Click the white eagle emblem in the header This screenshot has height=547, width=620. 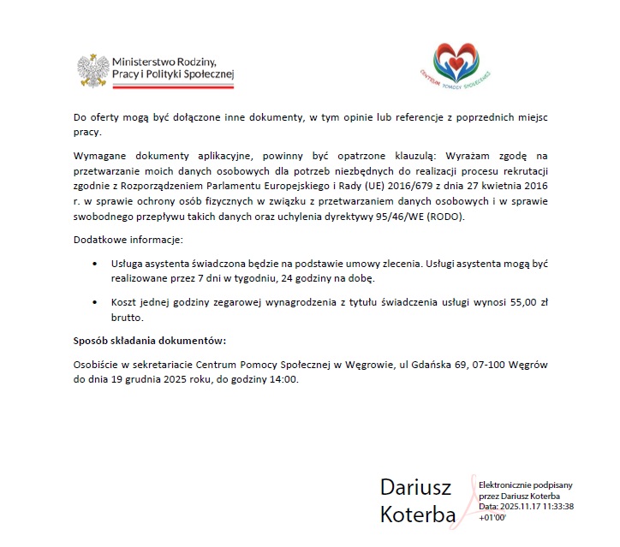93,72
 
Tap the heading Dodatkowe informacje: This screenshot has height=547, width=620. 122,239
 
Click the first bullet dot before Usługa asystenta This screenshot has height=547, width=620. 94,264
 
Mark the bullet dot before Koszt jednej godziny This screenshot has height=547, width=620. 94,302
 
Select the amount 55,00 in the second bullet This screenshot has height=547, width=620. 508,302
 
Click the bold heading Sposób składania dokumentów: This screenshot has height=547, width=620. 149,341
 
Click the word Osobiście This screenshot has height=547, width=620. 97,365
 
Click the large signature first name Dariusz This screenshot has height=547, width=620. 415,487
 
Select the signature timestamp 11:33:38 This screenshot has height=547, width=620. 551,507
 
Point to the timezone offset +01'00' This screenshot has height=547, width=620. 494,518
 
